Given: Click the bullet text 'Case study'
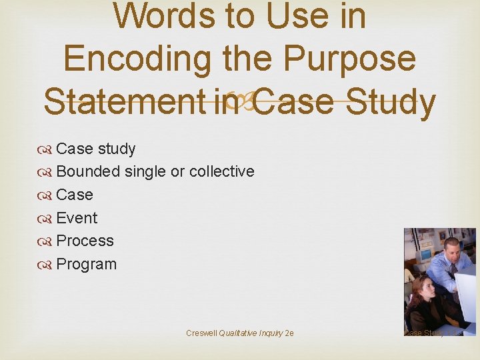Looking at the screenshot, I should (96, 149).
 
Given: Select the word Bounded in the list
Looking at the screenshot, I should (88, 171).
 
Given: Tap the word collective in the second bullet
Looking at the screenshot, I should (221, 171).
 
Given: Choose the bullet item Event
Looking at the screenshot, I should (77, 218).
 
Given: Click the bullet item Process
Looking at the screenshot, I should (85, 241).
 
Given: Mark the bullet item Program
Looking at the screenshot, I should (86, 264).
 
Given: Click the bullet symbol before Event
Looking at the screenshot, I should (47, 219).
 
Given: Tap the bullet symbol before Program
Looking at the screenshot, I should (47, 265).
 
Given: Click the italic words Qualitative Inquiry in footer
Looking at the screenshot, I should (251, 333).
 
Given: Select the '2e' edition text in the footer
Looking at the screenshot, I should (289, 333).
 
